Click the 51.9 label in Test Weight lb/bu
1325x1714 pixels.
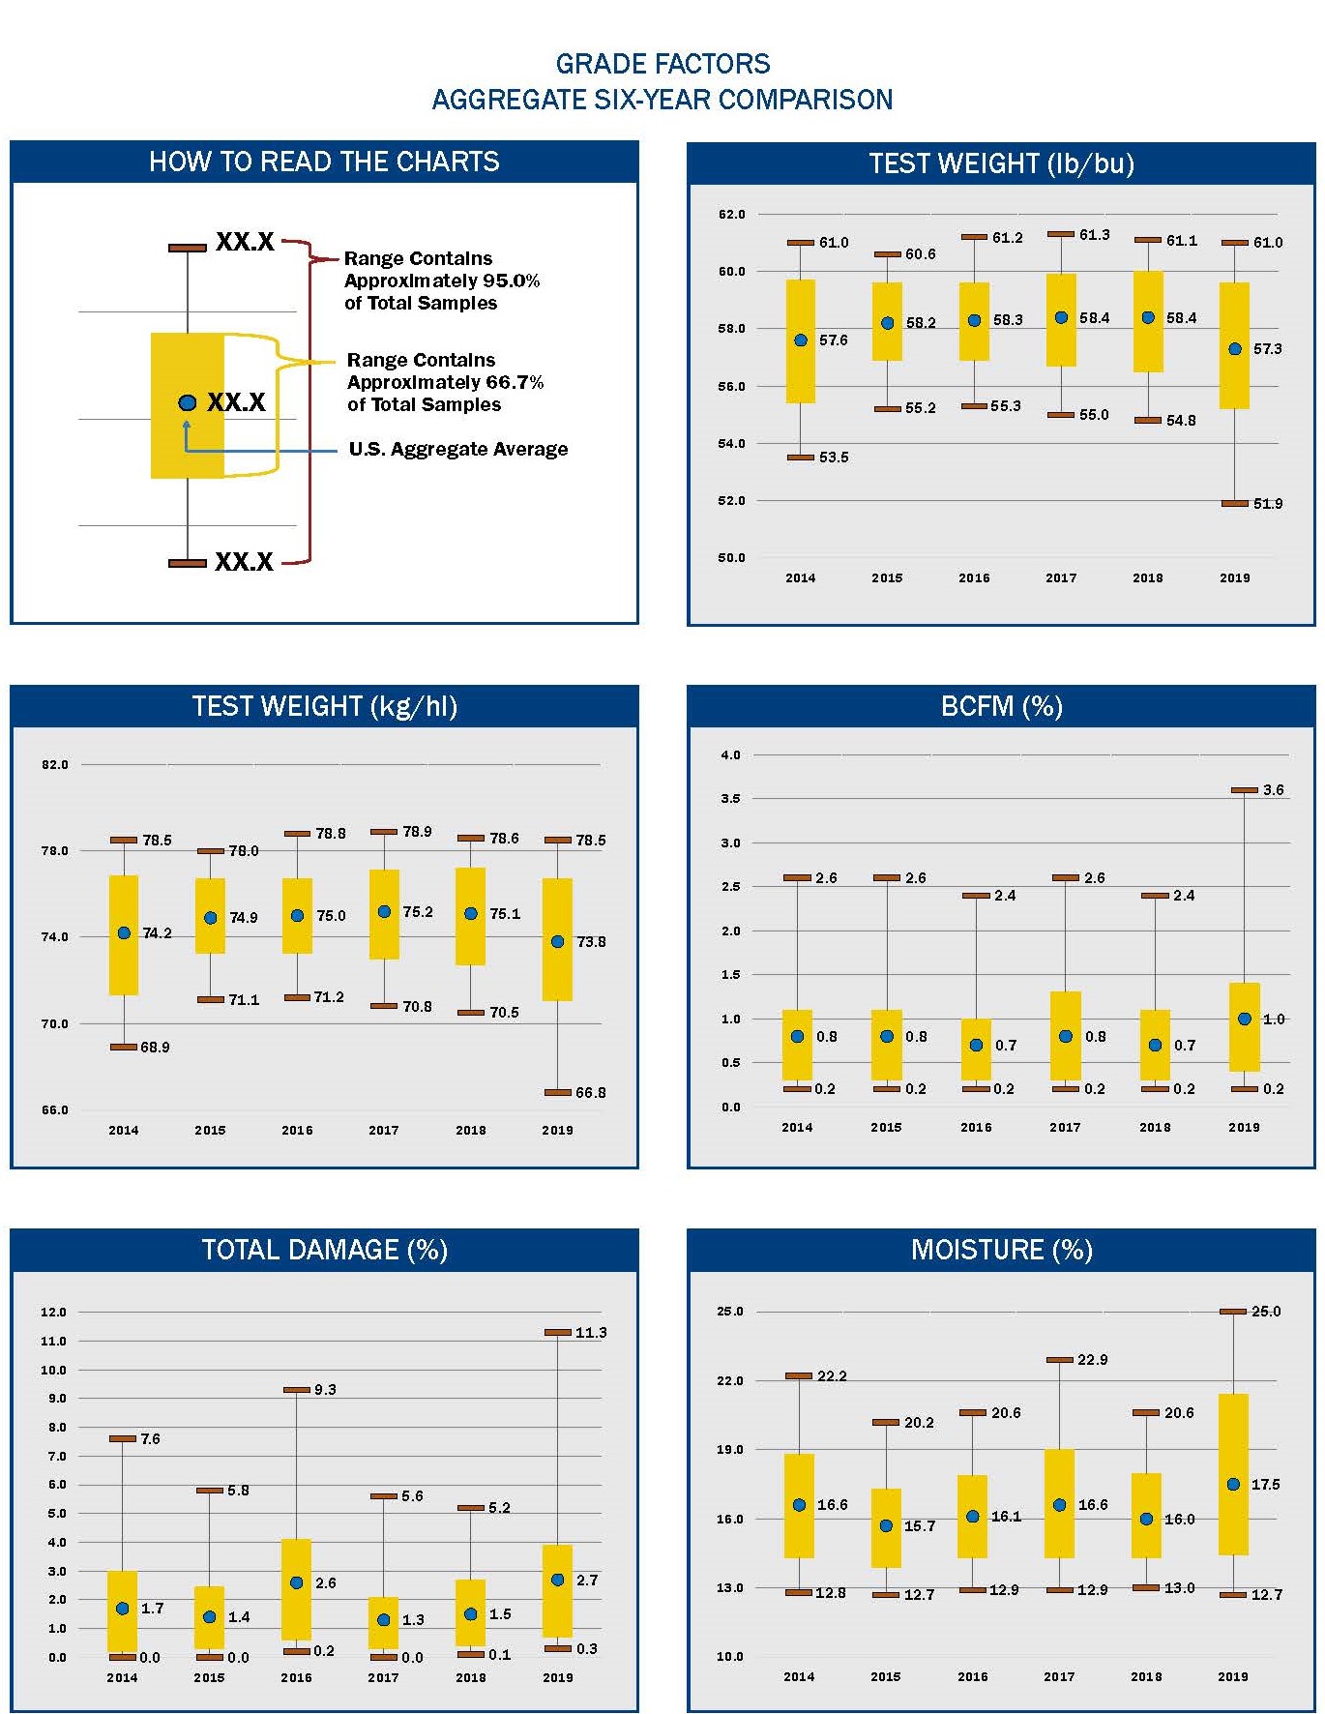1267,504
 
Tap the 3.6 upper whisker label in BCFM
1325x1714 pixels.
1273,790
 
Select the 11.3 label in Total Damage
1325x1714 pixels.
590,1333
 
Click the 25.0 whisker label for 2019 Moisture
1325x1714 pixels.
1265,1312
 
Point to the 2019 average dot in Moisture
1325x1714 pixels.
1233,1484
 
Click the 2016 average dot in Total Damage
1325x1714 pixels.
297,1582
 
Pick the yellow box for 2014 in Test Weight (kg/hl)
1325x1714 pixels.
124,934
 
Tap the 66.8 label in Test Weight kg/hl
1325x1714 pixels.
590,1093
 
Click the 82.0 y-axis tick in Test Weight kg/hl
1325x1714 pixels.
55,765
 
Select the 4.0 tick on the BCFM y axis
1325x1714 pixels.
730,755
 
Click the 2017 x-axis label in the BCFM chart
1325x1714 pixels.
1065,1127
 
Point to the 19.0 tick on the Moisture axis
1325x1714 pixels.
730,1449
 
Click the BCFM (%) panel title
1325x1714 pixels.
1001,706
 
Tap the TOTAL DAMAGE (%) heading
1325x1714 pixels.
324,1250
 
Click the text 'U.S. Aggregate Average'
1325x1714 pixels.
457,449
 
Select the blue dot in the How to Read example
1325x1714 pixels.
188,402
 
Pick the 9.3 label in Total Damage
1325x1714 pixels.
325,1390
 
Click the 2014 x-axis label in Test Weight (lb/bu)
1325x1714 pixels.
800,577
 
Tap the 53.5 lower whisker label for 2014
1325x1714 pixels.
833,458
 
